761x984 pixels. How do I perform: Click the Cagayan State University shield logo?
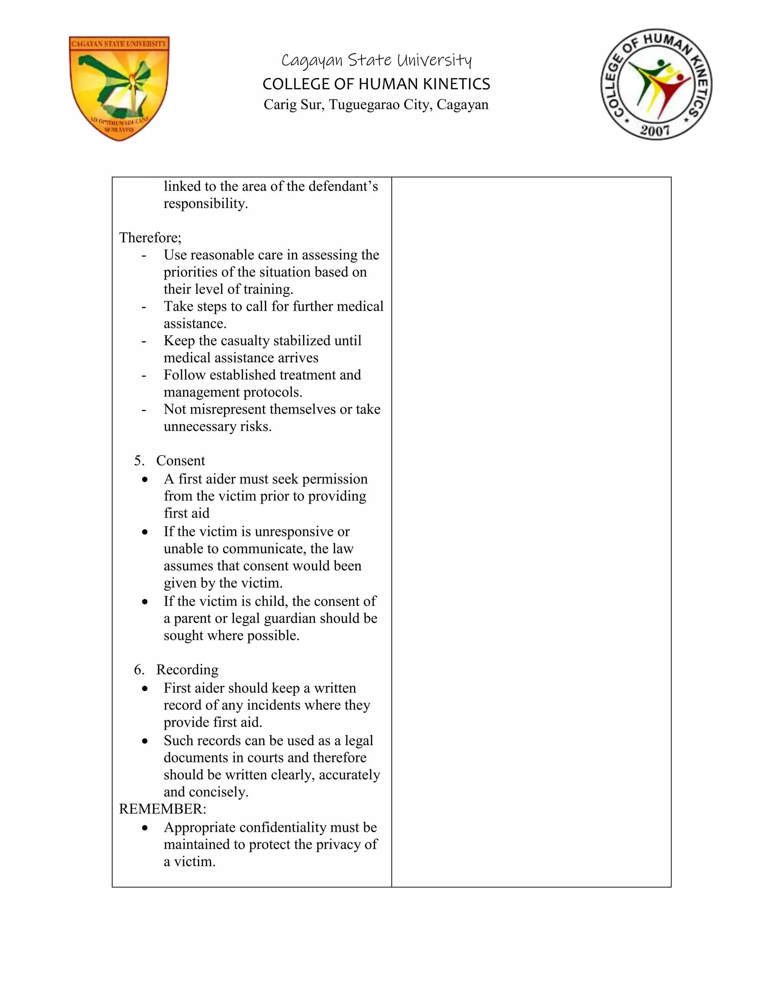coord(119,88)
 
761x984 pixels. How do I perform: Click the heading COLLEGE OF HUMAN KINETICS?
coord(376,84)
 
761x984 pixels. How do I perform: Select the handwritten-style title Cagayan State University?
coord(376,60)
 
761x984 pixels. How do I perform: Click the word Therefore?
coord(150,237)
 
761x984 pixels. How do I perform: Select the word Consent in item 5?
coord(180,460)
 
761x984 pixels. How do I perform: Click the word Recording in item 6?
coord(187,669)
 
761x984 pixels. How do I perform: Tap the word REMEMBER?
coord(162,809)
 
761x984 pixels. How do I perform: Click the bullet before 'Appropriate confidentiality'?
coord(144,828)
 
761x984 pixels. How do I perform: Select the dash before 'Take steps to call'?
coord(143,307)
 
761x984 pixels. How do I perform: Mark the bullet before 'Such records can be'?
coord(144,741)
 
